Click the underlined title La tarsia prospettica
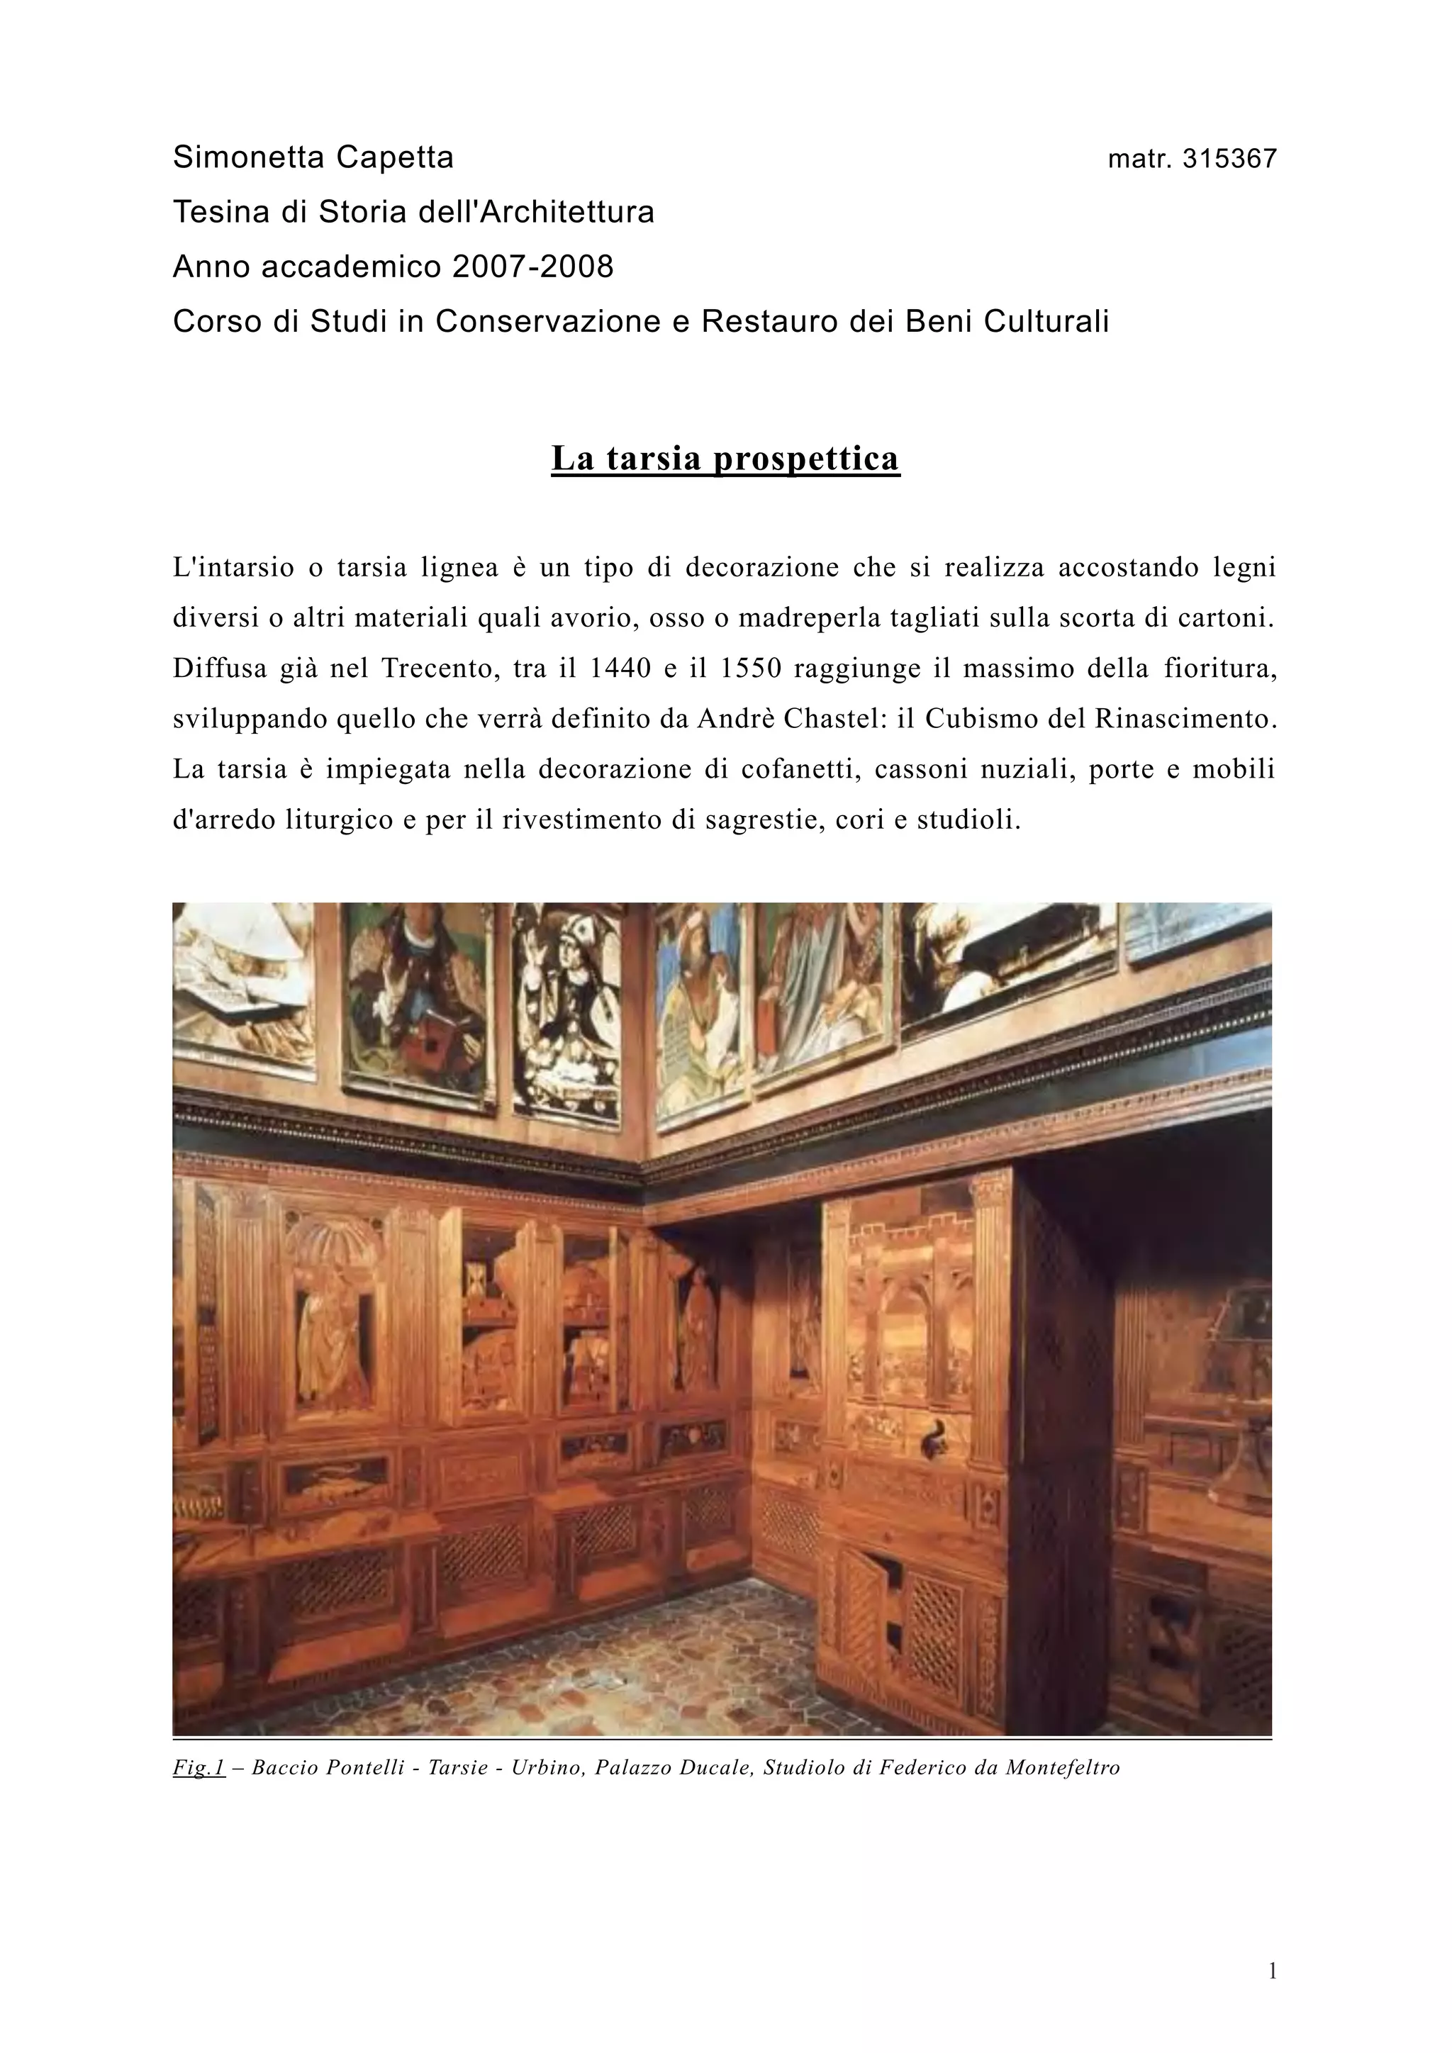click(725, 458)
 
